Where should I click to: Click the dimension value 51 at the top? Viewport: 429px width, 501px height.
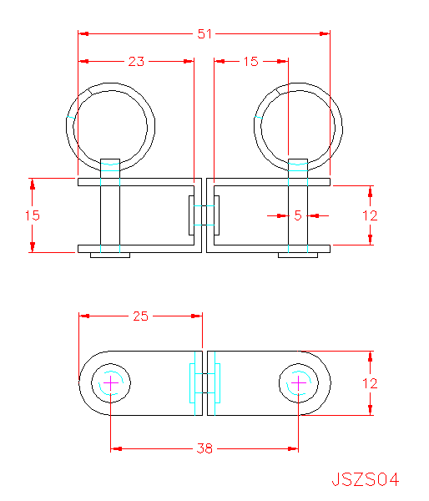tap(204, 33)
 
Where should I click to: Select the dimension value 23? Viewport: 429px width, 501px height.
tap(136, 61)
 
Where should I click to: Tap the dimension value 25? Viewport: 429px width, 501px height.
tap(140, 316)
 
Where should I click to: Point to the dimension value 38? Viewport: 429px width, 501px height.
tap(204, 448)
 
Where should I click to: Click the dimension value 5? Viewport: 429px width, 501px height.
tap(298, 215)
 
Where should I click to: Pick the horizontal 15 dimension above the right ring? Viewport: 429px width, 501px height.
tap(250, 61)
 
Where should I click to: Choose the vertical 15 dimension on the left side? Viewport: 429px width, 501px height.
tap(33, 215)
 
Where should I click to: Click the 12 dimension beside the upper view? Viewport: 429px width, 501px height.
tap(370, 215)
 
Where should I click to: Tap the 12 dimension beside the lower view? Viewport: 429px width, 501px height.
tap(370, 383)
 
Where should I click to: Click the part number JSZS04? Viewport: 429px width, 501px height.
tap(366, 479)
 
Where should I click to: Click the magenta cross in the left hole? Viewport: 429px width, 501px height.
tap(110, 382)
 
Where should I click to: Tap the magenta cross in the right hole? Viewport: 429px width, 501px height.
tap(298, 382)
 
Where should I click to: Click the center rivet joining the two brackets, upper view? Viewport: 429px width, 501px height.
tap(204, 215)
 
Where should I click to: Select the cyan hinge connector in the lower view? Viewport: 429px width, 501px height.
tap(204, 383)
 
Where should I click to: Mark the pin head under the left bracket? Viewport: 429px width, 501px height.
tap(110, 255)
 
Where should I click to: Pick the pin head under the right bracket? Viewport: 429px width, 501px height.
tap(298, 255)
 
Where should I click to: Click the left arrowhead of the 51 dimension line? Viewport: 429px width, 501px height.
tap(83, 33)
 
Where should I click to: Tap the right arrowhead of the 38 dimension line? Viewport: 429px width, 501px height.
tap(293, 448)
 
